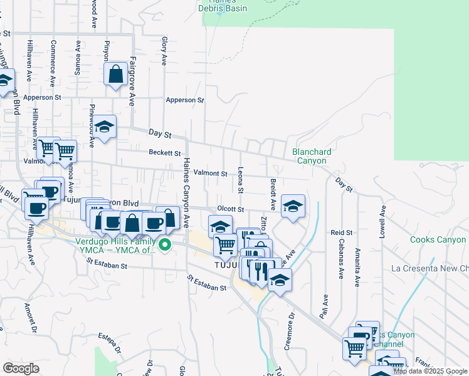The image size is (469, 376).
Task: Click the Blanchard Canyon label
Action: (x=312, y=156)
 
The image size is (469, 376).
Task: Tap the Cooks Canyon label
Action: (x=438, y=240)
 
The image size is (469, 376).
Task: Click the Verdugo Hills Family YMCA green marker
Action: (x=166, y=245)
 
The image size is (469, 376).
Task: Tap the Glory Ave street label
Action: (x=164, y=51)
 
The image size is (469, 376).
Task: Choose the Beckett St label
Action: (x=164, y=152)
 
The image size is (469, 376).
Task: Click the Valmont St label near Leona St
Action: (x=210, y=173)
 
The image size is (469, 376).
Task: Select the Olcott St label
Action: (x=229, y=209)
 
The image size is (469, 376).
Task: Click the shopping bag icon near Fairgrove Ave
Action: (x=117, y=75)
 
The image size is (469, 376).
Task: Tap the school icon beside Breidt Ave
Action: (x=292, y=206)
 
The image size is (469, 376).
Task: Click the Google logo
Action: (x=21, y=368)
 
